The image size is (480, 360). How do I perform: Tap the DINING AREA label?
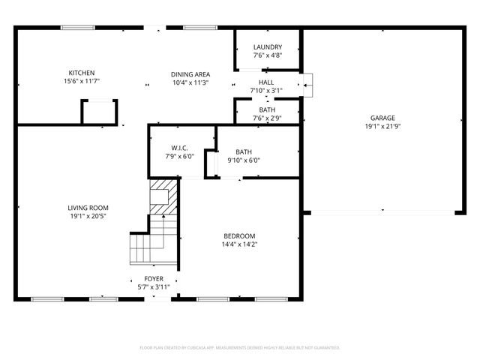click(x=190, y=74)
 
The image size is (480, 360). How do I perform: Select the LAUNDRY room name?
click(x=267, y=46)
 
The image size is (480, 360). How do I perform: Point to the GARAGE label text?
click(x=382, y=118)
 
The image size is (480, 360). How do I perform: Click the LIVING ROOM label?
click(x=88, y=208)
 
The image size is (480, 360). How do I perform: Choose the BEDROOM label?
click(x=238, y=235)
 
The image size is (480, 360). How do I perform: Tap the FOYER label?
click(x=154, y=279)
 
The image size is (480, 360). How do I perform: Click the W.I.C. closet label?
click(x=180, y=148)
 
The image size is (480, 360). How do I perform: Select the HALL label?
click(x=266, y=82)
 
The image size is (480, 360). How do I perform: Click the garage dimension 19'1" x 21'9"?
click(x=382, y=127)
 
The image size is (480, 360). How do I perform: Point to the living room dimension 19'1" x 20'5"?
click(x=88, y=217)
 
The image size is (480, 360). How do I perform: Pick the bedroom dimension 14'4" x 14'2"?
click(x=238, y=244)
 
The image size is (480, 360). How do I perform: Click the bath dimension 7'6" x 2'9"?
click(x=267, y=118)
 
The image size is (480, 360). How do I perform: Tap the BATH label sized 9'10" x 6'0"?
click(x=244, y=151)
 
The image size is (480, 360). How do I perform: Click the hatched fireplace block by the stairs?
click(x=164, y=196)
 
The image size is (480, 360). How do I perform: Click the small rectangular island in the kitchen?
click(x=99, y=112)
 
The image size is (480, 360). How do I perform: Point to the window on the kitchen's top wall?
click(x=77, y=28)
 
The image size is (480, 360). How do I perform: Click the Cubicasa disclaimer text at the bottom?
click(x=240, y=348)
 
